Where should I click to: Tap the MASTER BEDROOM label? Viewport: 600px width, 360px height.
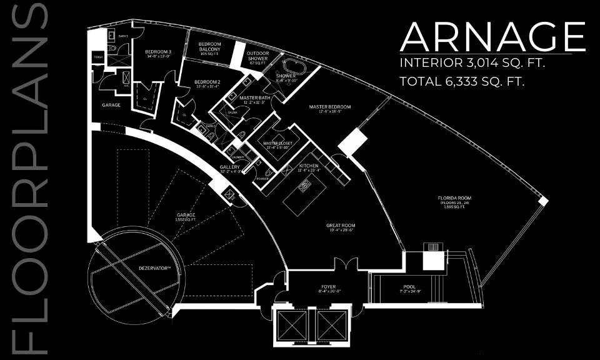click(x=330, y=107)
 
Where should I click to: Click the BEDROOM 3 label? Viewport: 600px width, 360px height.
click(x=158, y=52)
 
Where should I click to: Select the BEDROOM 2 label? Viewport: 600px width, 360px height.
click(x=207, y=82)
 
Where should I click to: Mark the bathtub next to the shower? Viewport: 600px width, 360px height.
click(x=291, y=66)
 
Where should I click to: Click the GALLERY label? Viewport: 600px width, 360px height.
click(x=230, y=167)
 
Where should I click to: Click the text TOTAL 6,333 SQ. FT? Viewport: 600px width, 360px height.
click(x=461, y=81)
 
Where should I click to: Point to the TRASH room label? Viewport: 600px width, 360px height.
click(x=98, y=57)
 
